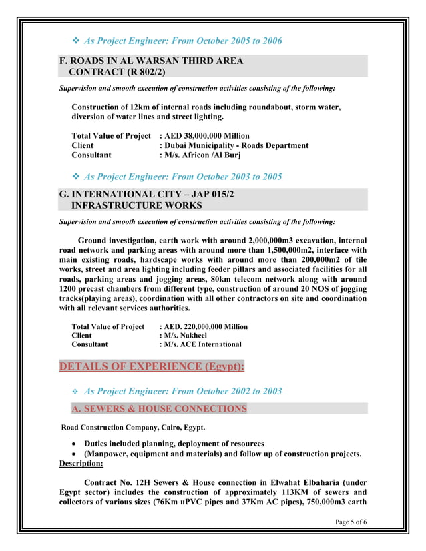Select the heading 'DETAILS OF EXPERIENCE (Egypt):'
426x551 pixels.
152,366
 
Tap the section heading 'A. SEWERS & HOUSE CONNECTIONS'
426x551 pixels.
159,408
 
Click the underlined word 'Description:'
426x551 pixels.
81,464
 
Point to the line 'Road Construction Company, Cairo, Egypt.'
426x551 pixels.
134,427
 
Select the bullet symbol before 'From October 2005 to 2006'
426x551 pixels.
75,41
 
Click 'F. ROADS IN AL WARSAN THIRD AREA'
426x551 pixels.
152,61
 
